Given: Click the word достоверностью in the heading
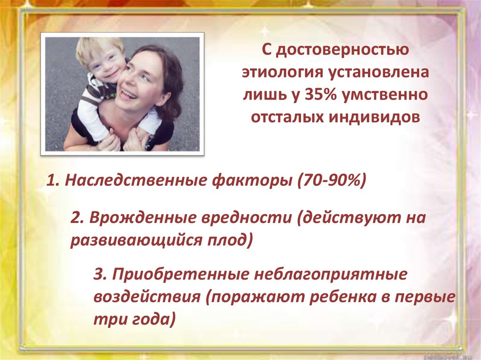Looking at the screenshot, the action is click(x=342, y=50).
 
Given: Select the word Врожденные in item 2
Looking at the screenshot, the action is click(x=143, y=218).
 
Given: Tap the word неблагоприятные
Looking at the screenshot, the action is click(x=330, y=275).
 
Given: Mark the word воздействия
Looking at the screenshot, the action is click(x=147, y=297).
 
